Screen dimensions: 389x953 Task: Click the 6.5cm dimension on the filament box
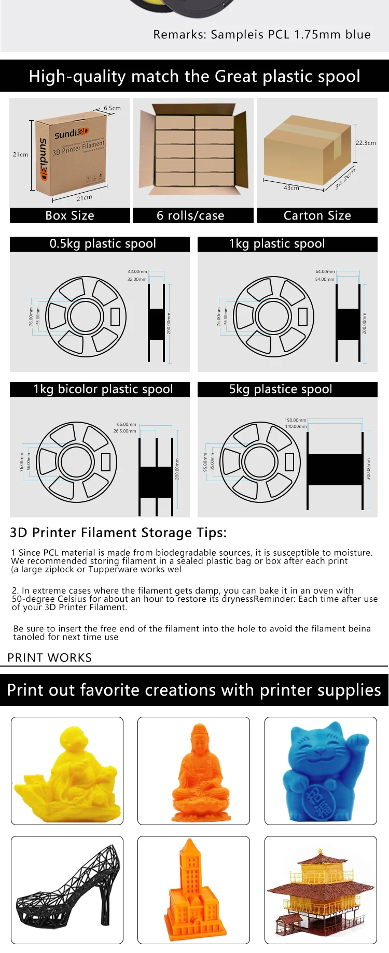[x=112, y=108]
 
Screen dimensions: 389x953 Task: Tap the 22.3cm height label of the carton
[x=366, y=143]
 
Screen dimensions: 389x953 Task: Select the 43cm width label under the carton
[x=291, y=187]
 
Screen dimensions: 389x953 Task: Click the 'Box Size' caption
[x=70, y=215]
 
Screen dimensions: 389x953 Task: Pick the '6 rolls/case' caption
[x=190, y=215]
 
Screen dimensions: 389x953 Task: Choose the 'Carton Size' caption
[x=317, y=215]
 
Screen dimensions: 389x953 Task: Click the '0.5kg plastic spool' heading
[x=103, y=243]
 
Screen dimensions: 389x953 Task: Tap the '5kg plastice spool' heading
[x=281, y=389]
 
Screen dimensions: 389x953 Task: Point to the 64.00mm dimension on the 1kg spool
[x=325, y=271]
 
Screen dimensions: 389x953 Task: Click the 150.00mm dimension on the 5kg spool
[x=295, y=420]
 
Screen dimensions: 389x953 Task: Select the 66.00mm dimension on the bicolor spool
[x=127, y=424]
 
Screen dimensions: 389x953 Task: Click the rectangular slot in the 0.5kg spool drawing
[x=115, y=316]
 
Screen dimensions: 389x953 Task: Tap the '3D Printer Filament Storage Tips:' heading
[x=118, y=532]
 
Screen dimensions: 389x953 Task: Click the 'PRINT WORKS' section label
[x=50, y=658]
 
